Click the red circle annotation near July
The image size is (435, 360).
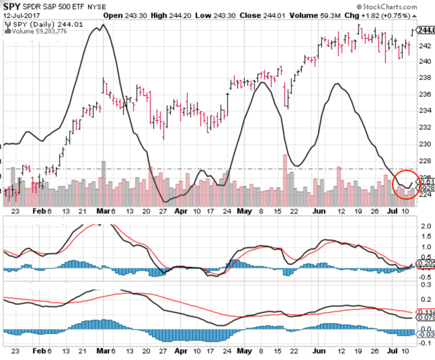(405, 184)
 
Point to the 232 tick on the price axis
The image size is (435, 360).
(424, 127)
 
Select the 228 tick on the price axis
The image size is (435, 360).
(424, 160)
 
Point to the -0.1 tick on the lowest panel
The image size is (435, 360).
(425, 343)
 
